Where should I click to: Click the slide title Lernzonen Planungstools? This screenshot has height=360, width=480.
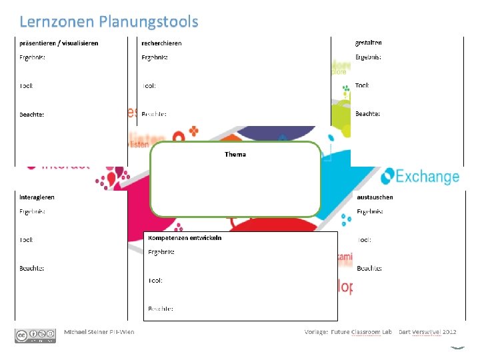pyautogui.click(x=109, y=22)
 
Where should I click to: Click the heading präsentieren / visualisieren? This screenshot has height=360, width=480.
pyautogui.click(x=58, y=43)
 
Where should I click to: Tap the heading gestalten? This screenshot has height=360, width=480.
pyautogui.click(x=369, y=43)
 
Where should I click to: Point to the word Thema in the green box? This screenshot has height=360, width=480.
pyautogui.click(x=235, y=154)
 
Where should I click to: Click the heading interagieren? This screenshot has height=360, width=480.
pyautogui.click(x=37, y=197)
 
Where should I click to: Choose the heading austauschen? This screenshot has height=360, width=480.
pyautogui.click(x=375, y=197)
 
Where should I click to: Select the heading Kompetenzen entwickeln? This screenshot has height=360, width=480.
pyautogui.click(x=185, y=238)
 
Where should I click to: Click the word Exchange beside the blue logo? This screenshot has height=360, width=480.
pyautogui.click(x=427, y=177)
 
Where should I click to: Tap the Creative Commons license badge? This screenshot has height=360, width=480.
pyautogui.click(x=35, y=335)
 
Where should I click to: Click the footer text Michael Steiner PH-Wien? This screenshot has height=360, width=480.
pyautogui.click(x=99, y=332)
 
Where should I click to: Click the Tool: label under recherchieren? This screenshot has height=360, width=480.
pyautogui.click(x=149, y=86)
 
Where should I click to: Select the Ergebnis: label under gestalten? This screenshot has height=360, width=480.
pyautogui.click(x=368, y=57)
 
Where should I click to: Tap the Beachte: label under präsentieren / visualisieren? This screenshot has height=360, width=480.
pyautogui.click(x=31, y=115)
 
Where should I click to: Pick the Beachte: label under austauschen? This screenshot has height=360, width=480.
pyautogui.click(x=369, y=268)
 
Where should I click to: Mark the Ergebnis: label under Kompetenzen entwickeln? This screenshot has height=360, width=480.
pyautogui.click(x=161, y=252)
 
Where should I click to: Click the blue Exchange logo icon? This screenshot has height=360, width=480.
pyautogui.click(x=387, y=175)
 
